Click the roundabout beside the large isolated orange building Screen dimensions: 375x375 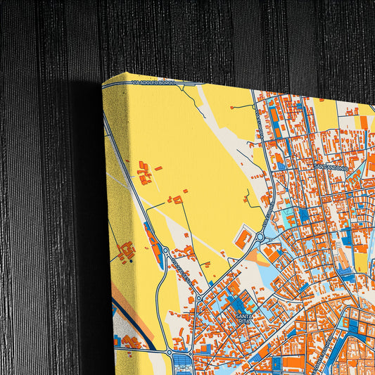260,239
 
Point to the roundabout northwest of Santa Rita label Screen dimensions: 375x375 199,298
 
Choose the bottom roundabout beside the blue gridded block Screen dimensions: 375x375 170,351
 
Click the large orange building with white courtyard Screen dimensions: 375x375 243,237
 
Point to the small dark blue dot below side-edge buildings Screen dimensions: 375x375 130,261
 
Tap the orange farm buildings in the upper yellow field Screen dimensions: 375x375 145,172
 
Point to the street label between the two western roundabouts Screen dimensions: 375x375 181,271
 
